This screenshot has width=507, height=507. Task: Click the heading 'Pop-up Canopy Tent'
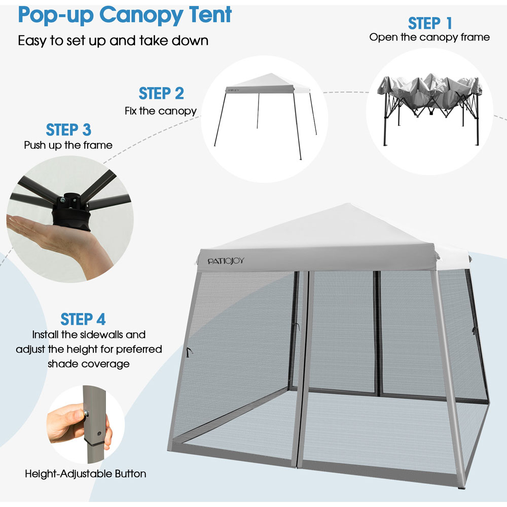pos(125,15)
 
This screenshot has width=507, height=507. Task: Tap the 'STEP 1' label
pos(430,24)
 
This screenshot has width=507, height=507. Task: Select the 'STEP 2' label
pos(161,93)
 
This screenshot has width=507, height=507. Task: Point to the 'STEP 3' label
pos(68,130)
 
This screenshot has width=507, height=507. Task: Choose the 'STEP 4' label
pos(83,319)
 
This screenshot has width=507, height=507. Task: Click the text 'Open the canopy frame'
pos(429,38)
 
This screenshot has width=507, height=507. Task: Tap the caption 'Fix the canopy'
pos(161,111)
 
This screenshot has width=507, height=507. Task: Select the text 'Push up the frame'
pos(68,145)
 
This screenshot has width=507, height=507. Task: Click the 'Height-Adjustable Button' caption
pos(86,474)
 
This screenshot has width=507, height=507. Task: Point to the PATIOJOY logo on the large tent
pos(226,261)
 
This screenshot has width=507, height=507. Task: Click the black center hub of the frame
pos(71,212)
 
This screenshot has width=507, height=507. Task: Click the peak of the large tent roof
pos(348,203)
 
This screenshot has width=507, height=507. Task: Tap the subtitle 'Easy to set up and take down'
pos(113,41)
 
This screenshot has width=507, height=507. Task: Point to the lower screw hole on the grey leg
pos(99,433)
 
